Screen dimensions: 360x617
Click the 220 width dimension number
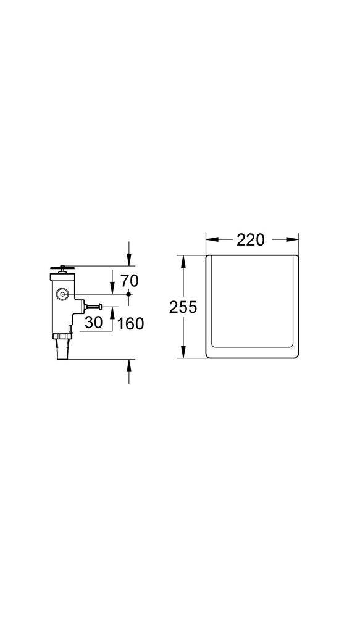pyautogui.click(x=251, y=239)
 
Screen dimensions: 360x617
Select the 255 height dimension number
pyautogui.click(x=183, y=307)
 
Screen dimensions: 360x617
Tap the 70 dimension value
pyautogui.click(x=129, y=281)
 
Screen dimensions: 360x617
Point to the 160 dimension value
pyautogui.click(x=130, y=324)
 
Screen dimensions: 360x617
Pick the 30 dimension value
pyautogui.click(x=94, y=322)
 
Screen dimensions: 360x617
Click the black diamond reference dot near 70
pyautogui.click(x=128, y=294)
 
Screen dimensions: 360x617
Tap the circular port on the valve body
pyautogui.click(x=62, y=294)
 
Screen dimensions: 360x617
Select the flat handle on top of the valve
pyautogui.click(x=62, y=268)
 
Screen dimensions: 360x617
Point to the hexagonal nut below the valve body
pyautogui.click(x=62, y=336)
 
